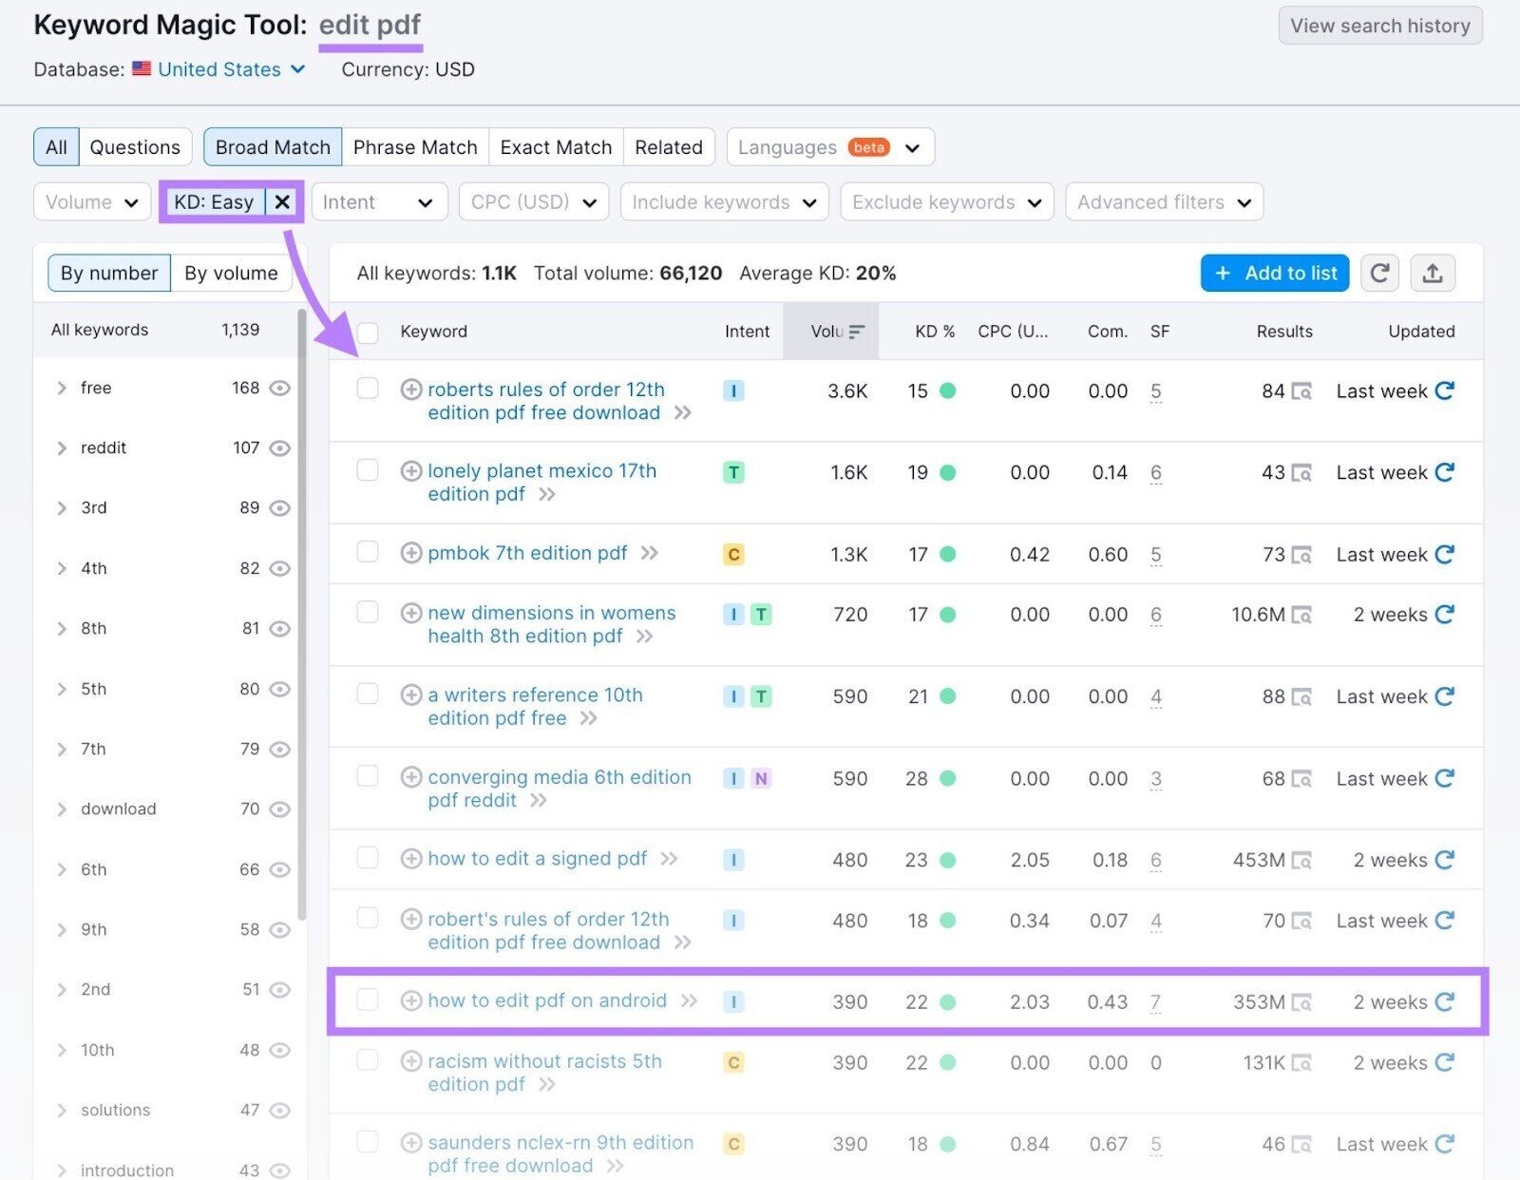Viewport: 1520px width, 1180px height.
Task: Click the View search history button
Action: pos(1379,26)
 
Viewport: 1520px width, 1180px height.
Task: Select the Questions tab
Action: pos(135,147)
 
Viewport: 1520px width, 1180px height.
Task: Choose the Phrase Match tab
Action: pos(415,147)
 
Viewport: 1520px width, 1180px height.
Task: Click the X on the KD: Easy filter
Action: pos(282,201)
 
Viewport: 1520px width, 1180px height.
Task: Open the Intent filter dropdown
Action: pos(379,201)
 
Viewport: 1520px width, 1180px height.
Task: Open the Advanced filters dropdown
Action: pos(1164,201)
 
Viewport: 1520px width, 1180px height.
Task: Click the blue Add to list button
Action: pos(1274,274)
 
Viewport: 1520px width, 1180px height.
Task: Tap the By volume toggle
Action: pos(231,274)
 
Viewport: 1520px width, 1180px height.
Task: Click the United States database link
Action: pos(219,69)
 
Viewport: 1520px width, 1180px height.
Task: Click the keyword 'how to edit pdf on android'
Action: pos(547,1000)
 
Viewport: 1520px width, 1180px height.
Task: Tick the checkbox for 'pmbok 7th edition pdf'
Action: pos(368,552)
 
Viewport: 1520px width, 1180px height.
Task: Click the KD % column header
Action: pos(935,332)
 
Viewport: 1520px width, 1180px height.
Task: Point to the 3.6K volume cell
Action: pos(847,391)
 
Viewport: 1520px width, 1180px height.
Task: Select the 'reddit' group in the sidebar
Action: pos(104,447)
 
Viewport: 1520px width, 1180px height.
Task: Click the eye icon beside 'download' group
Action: pos(279,809)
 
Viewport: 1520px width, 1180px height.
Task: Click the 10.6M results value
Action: pos(1258,615)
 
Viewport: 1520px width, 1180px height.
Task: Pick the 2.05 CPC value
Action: pos(1030,860)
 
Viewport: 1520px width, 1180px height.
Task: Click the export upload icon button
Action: pos(1433,274)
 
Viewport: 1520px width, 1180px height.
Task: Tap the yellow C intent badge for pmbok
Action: pos(733,554)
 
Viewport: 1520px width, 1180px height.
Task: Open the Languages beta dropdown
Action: pos(830,147)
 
